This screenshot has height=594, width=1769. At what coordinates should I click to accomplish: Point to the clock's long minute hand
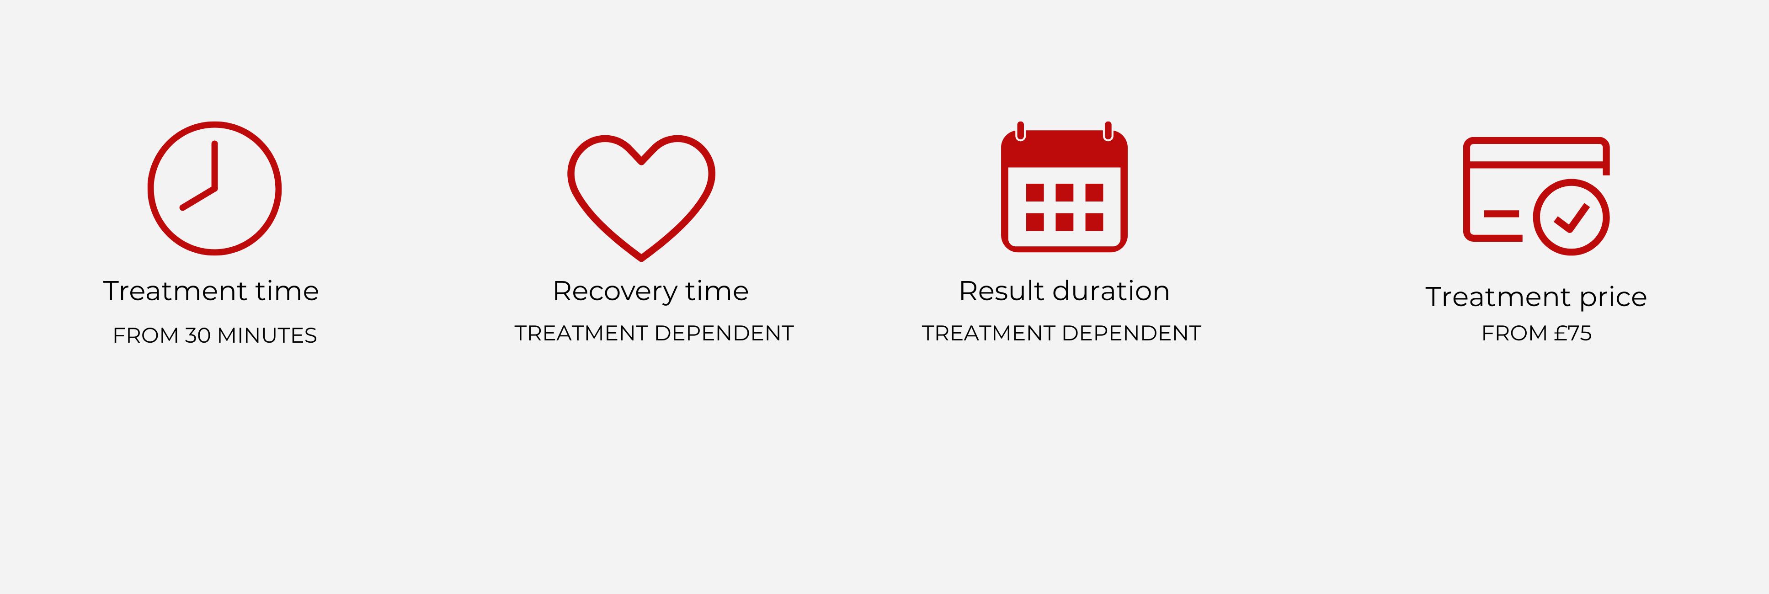point(215,165)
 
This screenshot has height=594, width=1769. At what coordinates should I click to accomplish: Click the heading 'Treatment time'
point(211,291)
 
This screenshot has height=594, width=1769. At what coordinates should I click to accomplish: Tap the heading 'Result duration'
point(1064,291)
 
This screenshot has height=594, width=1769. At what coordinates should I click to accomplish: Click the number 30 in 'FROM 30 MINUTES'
point(198,335)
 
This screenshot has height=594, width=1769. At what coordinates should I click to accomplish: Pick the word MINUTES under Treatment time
point(267,335)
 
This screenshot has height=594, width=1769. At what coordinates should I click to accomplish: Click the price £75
point(1572,333)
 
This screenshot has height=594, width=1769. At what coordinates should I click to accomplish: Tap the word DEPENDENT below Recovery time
point(725,333)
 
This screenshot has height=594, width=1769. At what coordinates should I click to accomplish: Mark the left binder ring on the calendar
point(1020,131)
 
